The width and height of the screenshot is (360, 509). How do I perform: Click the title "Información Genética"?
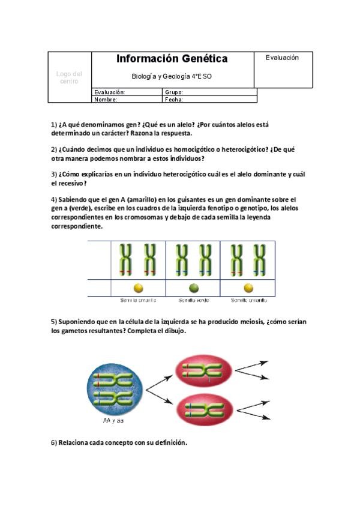pos(172,59)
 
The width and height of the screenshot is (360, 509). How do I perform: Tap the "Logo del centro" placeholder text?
pos(69,77)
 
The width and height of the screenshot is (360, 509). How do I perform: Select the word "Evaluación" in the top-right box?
pos(282,58)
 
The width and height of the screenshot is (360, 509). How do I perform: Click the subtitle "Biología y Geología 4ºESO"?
pos(172,76)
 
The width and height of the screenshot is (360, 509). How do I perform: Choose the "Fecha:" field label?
pos(173,100)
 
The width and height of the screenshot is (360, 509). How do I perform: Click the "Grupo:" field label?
pos(173,92)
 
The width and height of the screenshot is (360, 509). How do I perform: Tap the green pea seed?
pos(194,288)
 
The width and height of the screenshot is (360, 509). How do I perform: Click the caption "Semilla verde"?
pos(194,300)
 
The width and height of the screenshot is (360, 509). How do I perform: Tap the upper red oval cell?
pos(203,372)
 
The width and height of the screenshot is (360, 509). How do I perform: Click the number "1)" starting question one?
pos(53,125)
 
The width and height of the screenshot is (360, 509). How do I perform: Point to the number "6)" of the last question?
pos(53,443)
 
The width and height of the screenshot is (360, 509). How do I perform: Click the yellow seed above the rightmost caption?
pos(248,288)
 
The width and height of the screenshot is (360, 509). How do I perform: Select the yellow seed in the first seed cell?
pos(139,288)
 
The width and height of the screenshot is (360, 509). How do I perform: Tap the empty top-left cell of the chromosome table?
pos(100,260)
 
